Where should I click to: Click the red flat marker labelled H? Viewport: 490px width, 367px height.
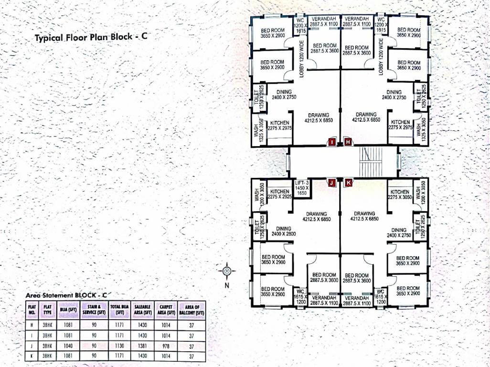348,142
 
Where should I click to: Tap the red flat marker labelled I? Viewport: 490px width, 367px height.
332,142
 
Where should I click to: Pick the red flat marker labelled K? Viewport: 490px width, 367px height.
348,183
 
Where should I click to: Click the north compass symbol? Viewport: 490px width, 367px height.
227,271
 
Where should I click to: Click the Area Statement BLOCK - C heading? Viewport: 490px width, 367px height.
65,295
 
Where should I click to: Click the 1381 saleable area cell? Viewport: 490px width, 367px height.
143,345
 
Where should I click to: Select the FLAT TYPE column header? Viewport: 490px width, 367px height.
47,310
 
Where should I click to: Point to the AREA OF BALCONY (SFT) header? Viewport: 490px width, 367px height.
192,310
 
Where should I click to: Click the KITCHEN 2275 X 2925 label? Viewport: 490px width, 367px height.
280,194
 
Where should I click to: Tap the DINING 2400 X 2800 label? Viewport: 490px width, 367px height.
284,231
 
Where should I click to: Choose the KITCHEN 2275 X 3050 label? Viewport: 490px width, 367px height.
399,194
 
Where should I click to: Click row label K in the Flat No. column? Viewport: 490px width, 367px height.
32,356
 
